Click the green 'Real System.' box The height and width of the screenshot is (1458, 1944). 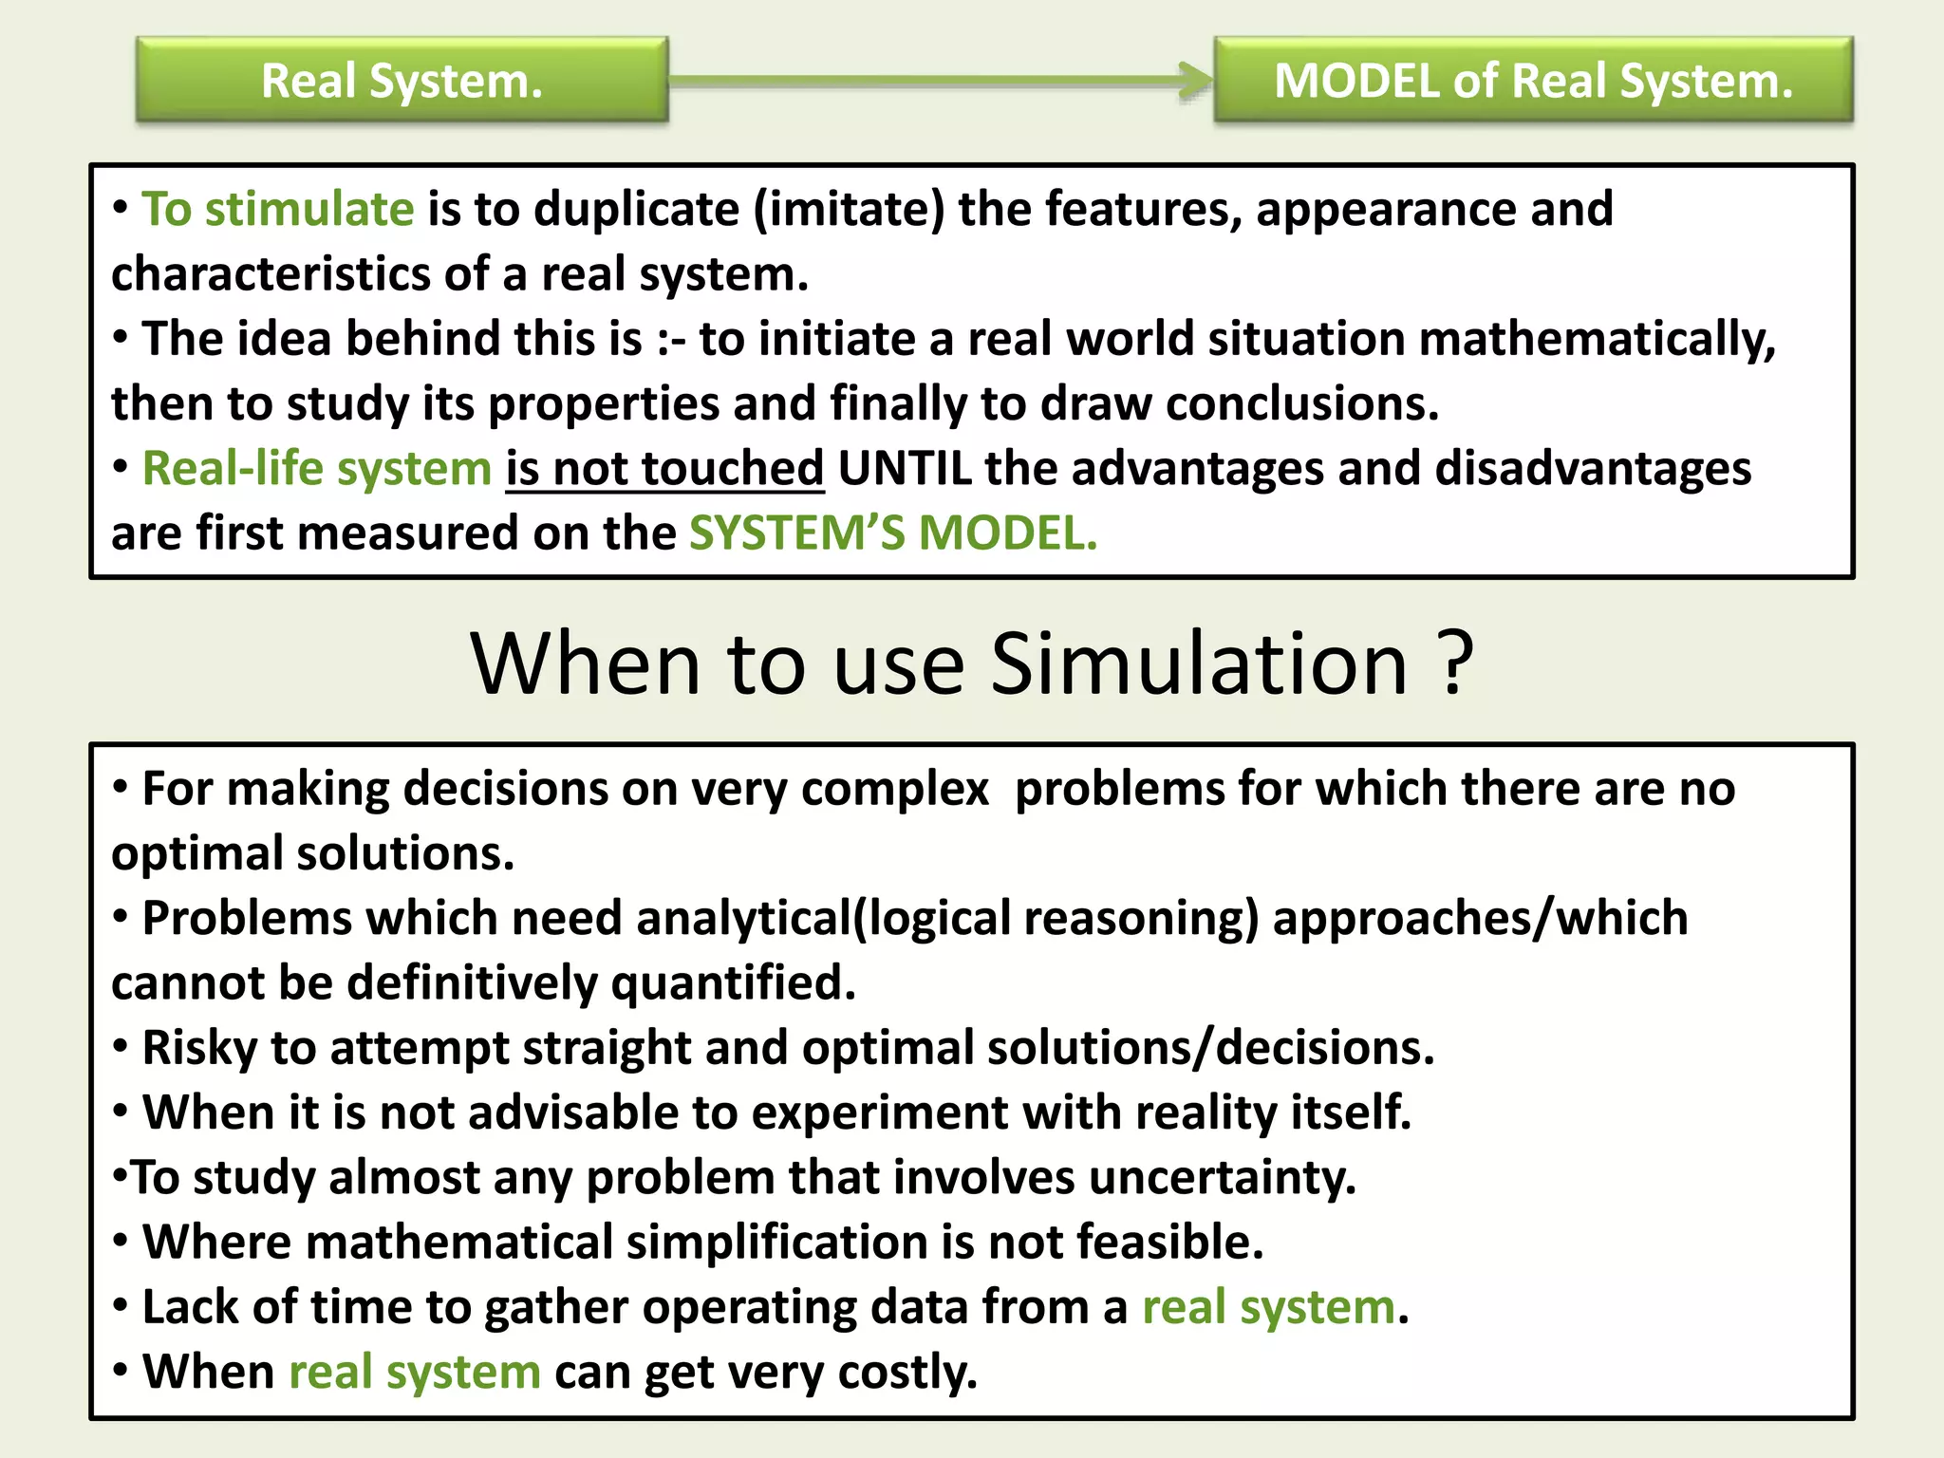click(x=402, y=81)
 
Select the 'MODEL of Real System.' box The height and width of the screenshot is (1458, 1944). click(x=1533, y=81)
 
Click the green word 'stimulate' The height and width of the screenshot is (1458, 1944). click(x=309, y=209)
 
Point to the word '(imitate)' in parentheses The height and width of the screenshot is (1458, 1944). click(x=850, y=209)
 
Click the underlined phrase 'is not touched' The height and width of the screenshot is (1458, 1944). click(x=664, y=469)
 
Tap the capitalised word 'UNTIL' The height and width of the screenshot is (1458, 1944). click(x=905, y=469)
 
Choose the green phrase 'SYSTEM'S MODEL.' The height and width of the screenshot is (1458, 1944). click(x=893, y=533)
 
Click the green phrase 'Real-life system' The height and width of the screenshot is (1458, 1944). click(x=316, y=469)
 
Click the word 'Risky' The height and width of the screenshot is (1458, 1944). click(x=199, y=1048)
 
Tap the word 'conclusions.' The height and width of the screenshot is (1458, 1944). click(x=1302, y=404)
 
